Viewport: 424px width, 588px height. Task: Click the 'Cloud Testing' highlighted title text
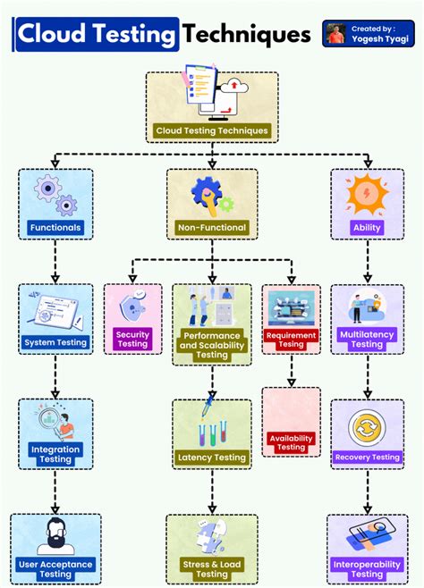[x=97, y=35]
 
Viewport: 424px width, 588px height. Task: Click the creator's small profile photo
[x=336, y=33]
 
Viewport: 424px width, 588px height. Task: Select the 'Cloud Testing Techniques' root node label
[x=212, y=130]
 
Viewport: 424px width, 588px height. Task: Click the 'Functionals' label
[x=55, y=227]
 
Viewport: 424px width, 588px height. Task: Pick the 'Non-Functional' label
[x=212, y=227]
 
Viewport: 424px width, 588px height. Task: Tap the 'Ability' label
[x=368, y=227]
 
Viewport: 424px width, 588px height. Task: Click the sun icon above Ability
[x=368, y=192]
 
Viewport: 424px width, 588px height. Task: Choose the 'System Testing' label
[x=55, y=342]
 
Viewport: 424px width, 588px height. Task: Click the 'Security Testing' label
[x=132, y=339]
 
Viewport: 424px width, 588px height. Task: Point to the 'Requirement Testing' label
[x=291, y=339]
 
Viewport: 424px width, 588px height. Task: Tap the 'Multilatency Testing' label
[x=368, y=339]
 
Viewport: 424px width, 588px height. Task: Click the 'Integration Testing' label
[x=55, y=454]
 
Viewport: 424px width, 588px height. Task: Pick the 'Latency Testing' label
[x=212, y=458]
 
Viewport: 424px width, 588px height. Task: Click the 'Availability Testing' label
[x=291, y=443]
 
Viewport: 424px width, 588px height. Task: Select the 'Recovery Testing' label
[x=368, y=458]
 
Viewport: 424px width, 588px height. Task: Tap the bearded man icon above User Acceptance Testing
[x=55, y=536]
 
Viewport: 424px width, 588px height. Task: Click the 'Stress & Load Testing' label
[x=212, y=569]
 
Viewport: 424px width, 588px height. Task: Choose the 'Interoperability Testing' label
[x=368, y=569]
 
